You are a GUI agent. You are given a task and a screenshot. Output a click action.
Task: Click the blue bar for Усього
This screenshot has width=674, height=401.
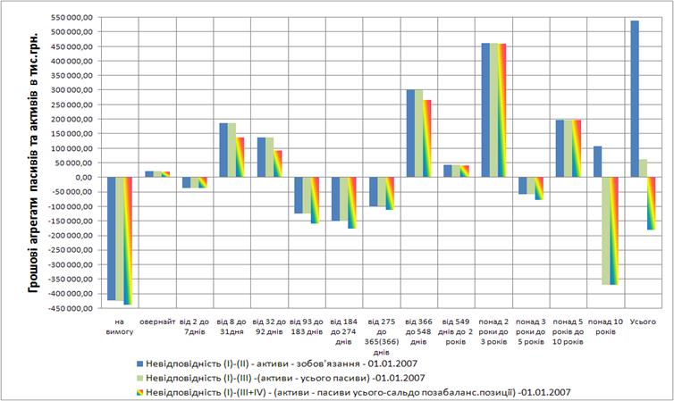tap(635, 98)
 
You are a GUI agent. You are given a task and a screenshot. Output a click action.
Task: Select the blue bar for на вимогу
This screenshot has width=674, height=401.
tap(112, 238)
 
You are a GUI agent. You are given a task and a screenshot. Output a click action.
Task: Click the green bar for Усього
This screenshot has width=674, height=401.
tap(644, 168)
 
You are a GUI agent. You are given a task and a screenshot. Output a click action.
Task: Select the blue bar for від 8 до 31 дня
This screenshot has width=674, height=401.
tap(224, 150)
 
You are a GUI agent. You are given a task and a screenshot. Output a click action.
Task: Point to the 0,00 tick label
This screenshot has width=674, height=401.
tap(82, 177)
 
